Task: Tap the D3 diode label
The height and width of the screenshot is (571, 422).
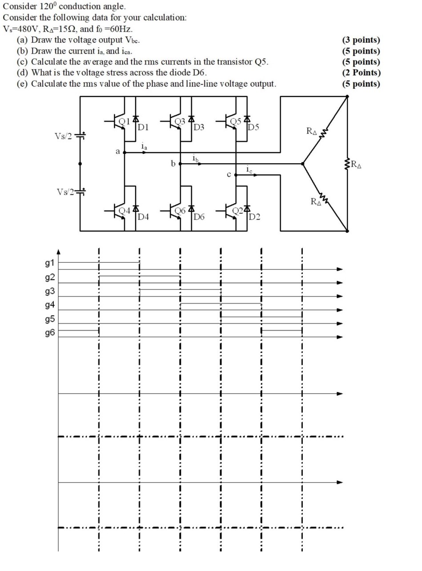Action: [x=199, y=128]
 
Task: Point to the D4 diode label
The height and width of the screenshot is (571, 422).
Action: [x=144, y=217]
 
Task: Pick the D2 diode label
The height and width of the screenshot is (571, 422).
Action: [x=255, y=217]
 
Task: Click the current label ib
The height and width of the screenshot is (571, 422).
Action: [x=195, y=158]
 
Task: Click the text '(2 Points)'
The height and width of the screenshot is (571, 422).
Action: [x=361, y=72]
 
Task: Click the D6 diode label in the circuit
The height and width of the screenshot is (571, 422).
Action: [x=199, y=217]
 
